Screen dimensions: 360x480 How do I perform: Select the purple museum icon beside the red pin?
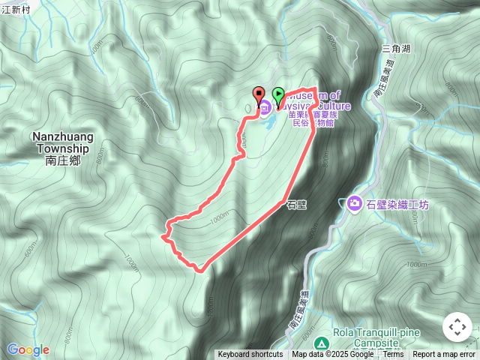265,107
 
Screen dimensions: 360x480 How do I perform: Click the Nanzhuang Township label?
61,142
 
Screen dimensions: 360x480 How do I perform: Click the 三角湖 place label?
395,48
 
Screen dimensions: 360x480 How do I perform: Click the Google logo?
28,349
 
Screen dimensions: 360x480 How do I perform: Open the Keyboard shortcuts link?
250,355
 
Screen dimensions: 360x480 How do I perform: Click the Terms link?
393,355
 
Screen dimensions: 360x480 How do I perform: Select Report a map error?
444,355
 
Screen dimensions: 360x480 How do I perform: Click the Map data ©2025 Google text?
332,355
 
